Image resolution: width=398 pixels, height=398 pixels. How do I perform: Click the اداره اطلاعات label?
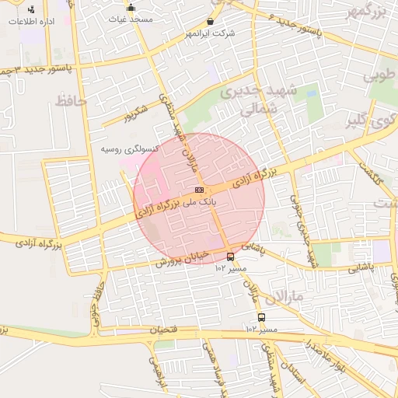(x=30, y=21)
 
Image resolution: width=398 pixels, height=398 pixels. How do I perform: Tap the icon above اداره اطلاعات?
(x=30, y=9)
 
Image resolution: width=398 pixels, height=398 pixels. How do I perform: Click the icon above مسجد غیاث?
(x=130, y=8)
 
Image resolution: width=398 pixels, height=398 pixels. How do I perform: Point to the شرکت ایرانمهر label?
(x=211, y=34)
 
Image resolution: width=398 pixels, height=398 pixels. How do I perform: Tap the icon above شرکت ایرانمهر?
(x=211, y=23)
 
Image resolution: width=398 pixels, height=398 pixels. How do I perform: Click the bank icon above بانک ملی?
(x=200, y=189)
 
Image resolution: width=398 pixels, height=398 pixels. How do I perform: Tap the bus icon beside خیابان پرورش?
(x=230, y=256)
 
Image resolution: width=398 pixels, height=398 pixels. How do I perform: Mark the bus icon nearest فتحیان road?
(x=261, y=317)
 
